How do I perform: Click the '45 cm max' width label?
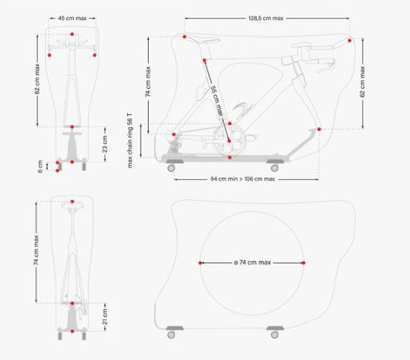coord(72,19)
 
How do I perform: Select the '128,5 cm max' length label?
coord(266,19)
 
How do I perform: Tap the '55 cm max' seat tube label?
coord(215,100)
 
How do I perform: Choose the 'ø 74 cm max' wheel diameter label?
coord(252,263)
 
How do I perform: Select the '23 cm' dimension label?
coord(105,143)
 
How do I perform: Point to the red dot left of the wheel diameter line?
coord(201,263)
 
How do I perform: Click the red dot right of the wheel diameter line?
coord(303,263)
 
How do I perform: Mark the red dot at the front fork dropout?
coord(320,129)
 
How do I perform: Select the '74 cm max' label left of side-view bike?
coord(149,82)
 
